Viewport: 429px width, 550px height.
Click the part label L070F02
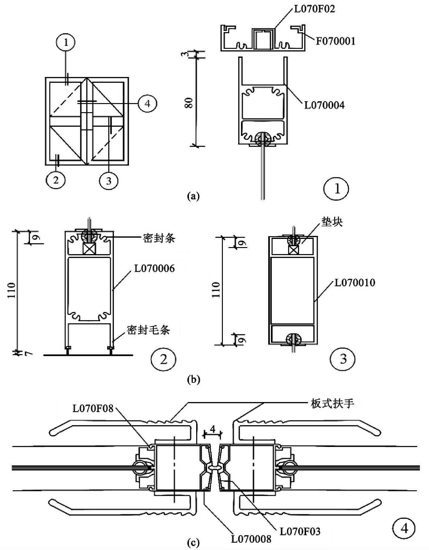(x=315, y=9)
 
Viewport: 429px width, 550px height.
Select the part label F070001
(x=335, y=41)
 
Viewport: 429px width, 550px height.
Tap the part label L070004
(x=324, y=105)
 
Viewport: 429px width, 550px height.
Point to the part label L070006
(x=154, y=268)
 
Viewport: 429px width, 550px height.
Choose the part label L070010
(x=355, y=283)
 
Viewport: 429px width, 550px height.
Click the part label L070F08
(x=93, y=408)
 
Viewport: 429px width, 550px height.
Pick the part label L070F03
(x=300, y=531)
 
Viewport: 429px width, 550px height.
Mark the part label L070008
(x=251, y=539)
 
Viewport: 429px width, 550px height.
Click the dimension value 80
(x=189, y=103)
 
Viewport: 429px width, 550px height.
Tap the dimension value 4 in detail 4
(x=213, y=429)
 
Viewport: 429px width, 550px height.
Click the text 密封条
(x=159, y=238)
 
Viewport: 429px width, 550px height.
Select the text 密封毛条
(x=148, y=330)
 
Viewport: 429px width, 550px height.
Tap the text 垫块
(x=332, y=222)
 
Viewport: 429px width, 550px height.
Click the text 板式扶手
(x=332, y=404)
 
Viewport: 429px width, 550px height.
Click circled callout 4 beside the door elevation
(x=147, y=104)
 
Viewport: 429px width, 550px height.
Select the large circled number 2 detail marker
(x=163, y=359)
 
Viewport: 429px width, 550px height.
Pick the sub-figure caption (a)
(x=193, y=196)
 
